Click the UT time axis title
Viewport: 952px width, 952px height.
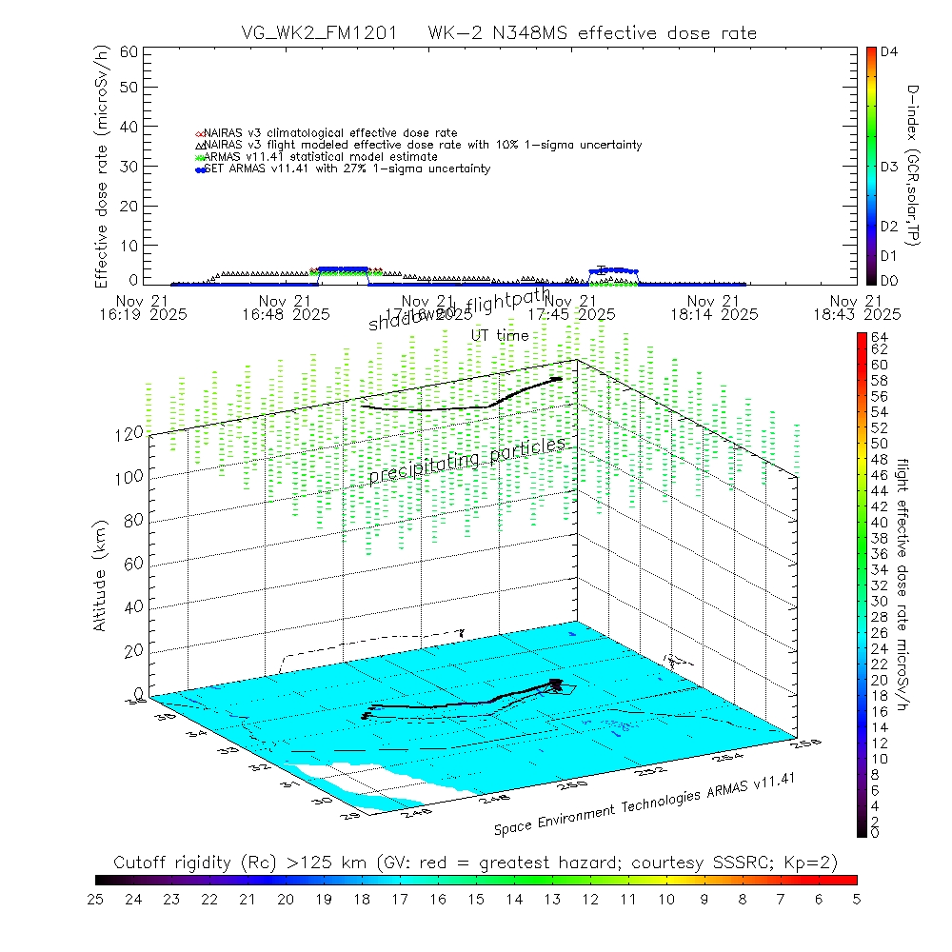click(500, 335)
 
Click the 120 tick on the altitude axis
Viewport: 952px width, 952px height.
click(131, 432)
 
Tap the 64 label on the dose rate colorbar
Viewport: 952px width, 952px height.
click(880, 337)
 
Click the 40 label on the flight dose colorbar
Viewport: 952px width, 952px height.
click(880, 522)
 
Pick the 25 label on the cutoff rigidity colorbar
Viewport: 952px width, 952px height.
click(97, 899)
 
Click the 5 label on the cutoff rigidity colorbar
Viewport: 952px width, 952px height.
click(856, 899)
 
